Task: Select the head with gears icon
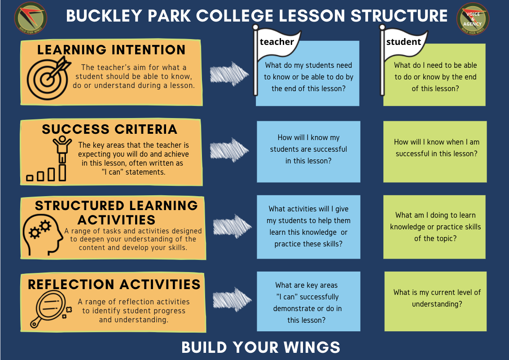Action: [42, 234]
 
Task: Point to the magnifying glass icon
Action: [50, 309]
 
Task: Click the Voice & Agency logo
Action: [473, 18]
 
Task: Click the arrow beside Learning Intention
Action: [229, 74]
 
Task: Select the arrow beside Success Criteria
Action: [229, 150]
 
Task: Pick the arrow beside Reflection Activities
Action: [232, 299]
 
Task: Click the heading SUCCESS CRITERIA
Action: [110, 129]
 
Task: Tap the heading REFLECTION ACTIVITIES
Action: [114, 285]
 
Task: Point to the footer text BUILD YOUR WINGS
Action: [261, 347]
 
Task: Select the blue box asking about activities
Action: [308, 227]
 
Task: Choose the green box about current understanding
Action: [435, 301]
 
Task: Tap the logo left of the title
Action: [31, 18]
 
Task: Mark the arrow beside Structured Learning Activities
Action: [232, 226]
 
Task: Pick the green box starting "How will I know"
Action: [435, 152]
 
